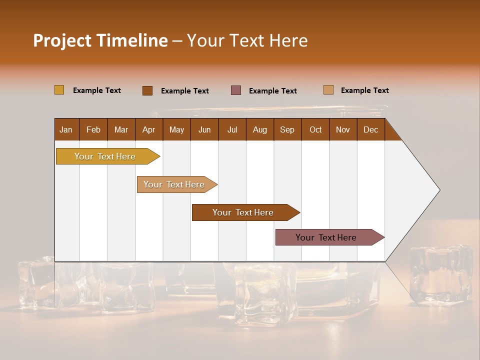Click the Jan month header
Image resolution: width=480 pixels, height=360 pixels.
point(66,129)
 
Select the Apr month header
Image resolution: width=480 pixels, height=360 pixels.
point(148,129)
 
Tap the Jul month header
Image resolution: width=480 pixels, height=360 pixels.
point(232,129)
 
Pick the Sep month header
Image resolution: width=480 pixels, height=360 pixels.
point(287,129)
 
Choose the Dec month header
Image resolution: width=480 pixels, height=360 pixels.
point(370,129)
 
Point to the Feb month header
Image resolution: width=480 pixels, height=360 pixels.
point(93,129)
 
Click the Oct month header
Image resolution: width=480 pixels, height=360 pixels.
point(315,129)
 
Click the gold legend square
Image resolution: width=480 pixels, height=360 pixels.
point(59,90)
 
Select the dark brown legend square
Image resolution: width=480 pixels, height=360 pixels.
point(147,90)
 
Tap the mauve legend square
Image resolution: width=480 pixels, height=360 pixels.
point(236,90)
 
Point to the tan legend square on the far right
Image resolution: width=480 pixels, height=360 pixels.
point(328,90)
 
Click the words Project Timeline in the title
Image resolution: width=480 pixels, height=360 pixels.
point(100,40)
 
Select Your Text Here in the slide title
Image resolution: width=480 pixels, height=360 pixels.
point(247,40)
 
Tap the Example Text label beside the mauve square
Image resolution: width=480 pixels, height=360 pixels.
point(272,91)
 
